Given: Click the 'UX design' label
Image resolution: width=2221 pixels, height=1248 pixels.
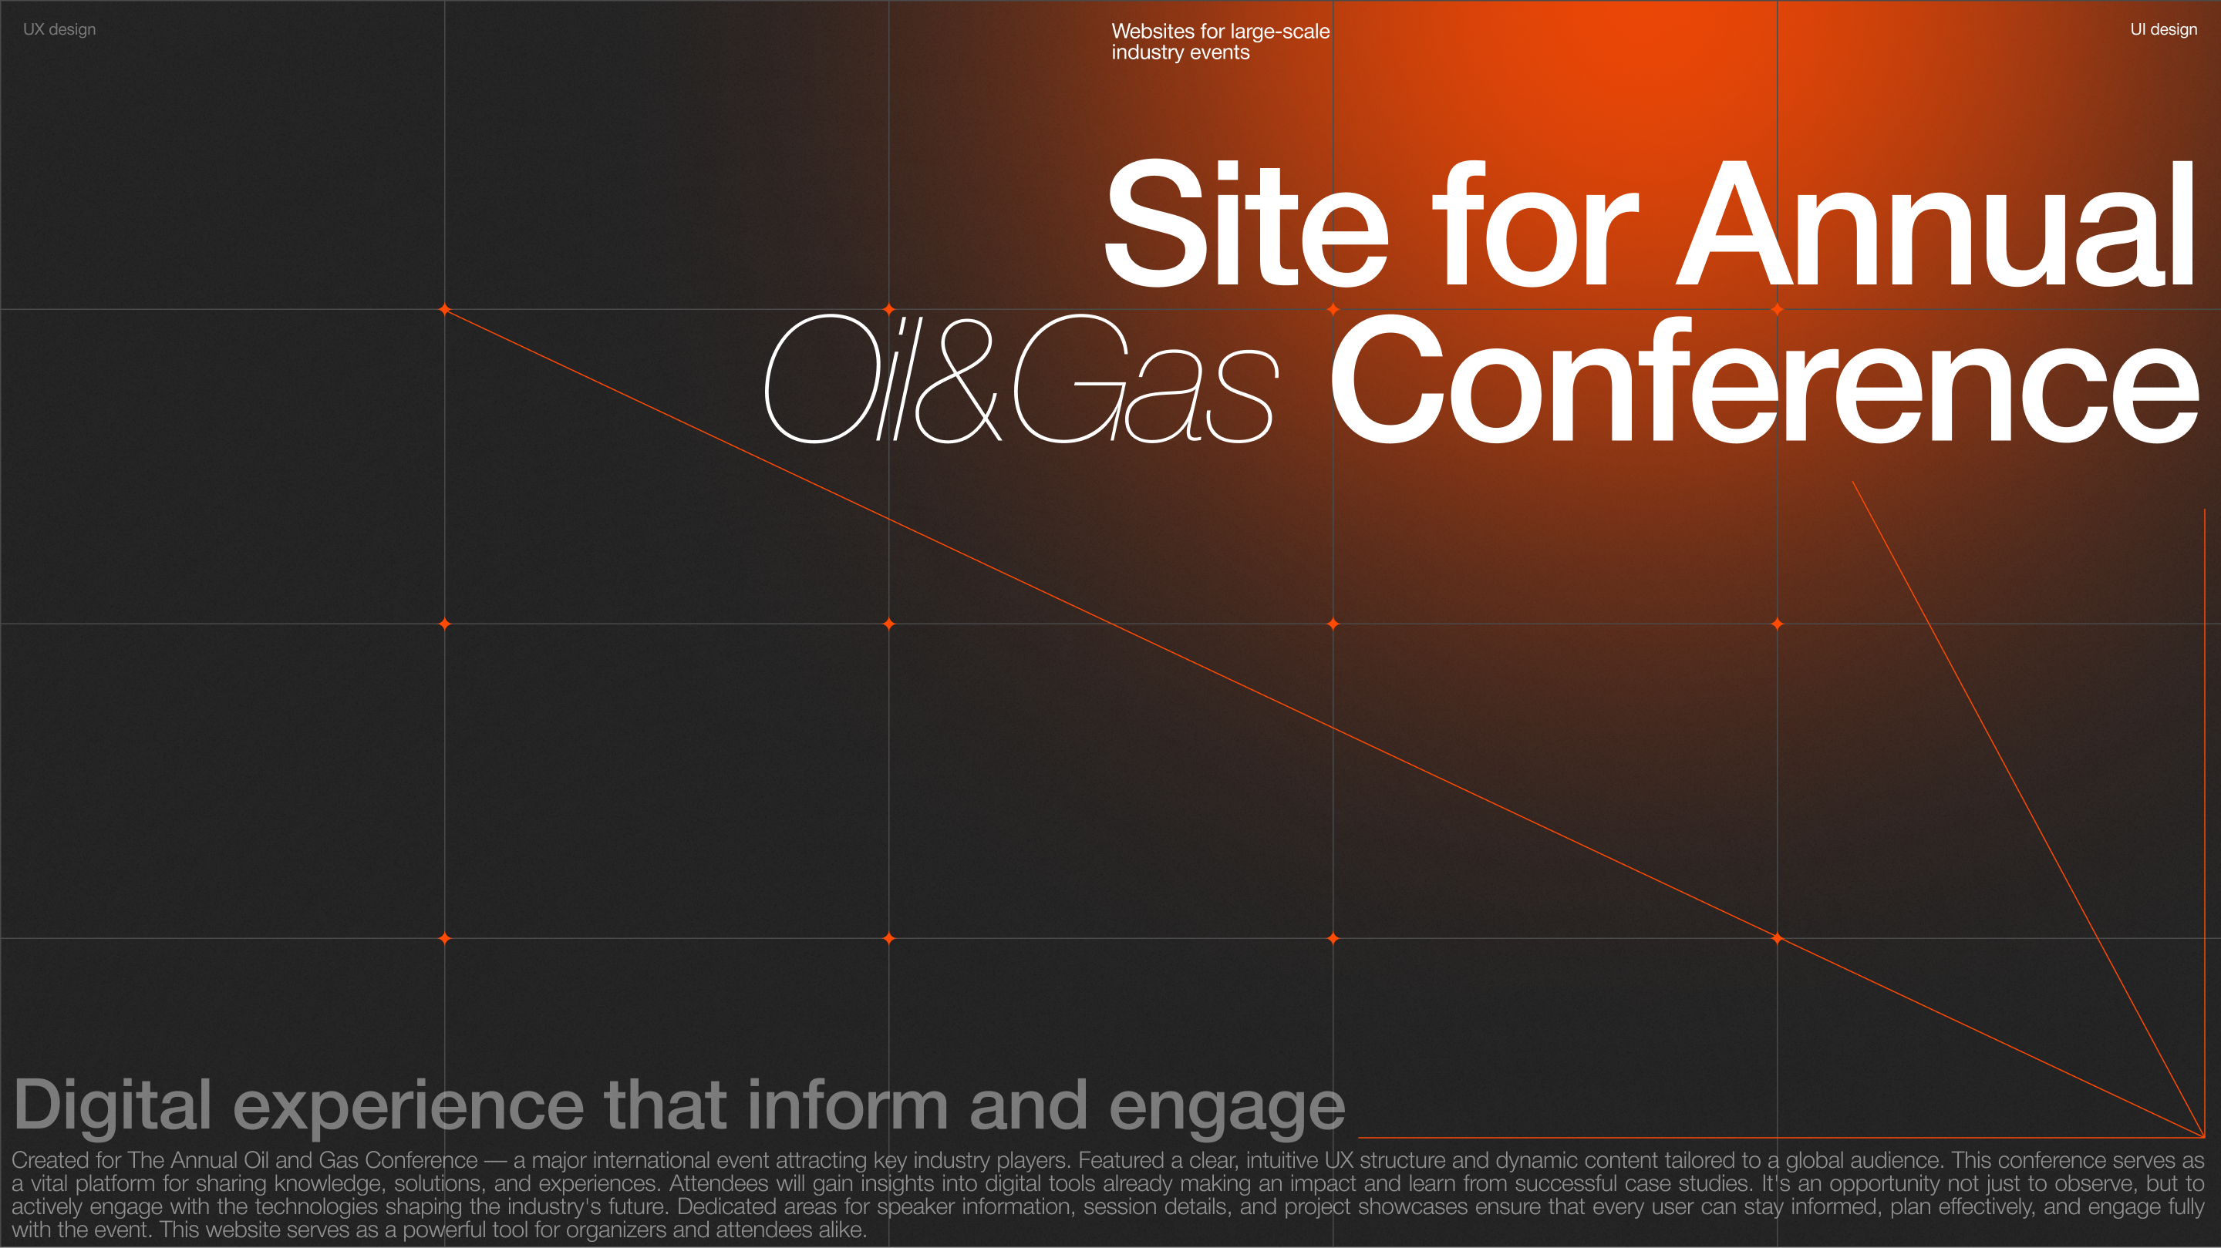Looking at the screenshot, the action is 59,29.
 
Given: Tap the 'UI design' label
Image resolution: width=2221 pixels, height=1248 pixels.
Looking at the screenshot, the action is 2163,29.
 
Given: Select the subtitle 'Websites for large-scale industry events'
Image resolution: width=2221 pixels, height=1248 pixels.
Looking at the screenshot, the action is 1220,42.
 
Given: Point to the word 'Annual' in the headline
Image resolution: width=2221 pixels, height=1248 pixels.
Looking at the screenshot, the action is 1936,224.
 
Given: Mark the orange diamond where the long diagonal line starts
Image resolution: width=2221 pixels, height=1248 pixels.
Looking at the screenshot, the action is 445,309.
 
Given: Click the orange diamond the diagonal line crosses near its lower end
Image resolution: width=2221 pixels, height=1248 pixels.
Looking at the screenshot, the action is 1777,937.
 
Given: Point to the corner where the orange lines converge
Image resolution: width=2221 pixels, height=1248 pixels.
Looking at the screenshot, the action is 2204,1137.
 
